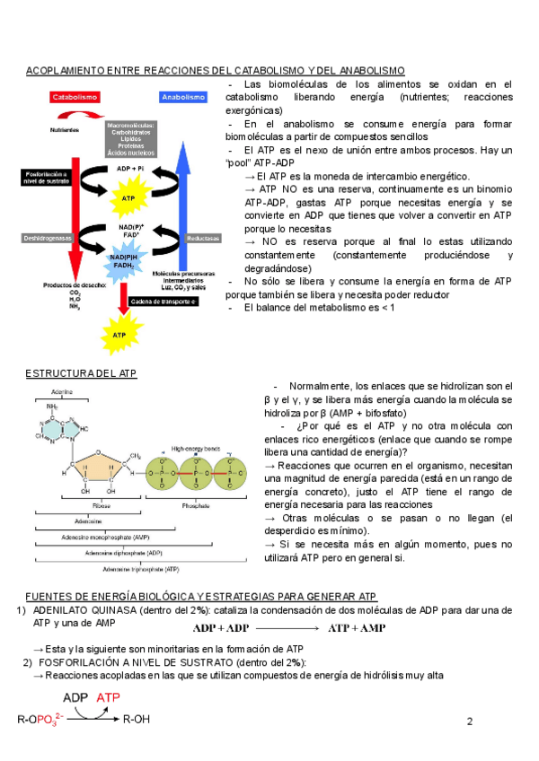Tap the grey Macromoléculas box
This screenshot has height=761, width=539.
pos(131,139)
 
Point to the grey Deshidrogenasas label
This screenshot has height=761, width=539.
pos(45,238)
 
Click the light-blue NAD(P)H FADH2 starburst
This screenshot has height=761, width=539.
pos(124,261)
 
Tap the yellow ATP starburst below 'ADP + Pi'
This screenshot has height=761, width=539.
pos(128,197)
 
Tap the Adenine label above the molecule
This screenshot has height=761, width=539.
pos(62,392)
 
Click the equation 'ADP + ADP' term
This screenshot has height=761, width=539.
pos(222,627)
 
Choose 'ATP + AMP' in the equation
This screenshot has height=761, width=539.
pos(357,627)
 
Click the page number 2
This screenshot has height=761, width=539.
pos(470,721)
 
